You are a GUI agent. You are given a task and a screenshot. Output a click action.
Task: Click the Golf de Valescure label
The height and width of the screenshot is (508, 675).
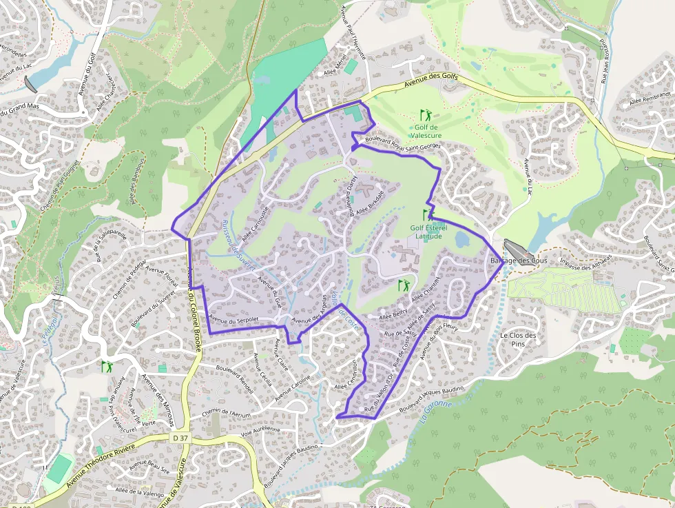pyautogui.click(x=428, y=131)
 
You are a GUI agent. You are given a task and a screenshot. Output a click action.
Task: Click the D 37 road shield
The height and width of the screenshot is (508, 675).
pyautogui.click(x=180, y=438)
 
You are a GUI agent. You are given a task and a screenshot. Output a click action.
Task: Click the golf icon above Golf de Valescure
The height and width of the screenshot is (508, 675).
pyautogui.click(x=426, y=114)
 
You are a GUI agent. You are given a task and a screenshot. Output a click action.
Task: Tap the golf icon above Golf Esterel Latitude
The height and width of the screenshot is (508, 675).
pyautogui.click(x=428, y=214)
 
